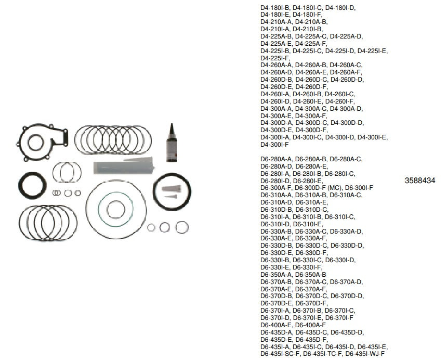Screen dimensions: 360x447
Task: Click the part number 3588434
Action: point(419,181)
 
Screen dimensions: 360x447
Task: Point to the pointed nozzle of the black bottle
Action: point(170,128)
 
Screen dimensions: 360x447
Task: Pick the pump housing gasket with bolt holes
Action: point(43,139)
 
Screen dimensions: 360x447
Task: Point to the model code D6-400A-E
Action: point(276,325)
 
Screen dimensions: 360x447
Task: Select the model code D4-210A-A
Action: point(276,22)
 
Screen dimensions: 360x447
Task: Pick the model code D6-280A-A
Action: point(276,159)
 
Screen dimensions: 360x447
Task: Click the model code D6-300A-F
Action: point(276,188)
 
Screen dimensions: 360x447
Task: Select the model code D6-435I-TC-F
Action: point(322,353)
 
